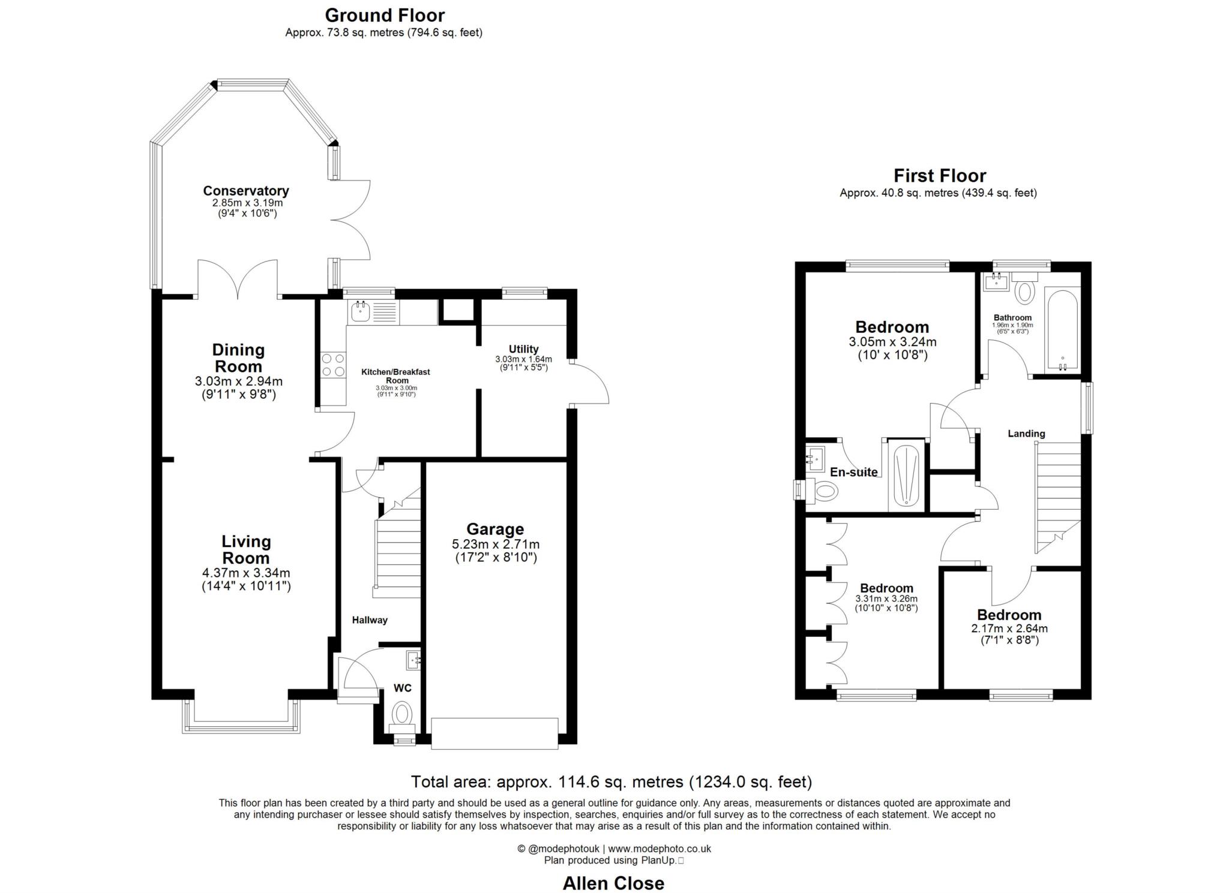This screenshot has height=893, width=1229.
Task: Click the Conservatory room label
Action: pos(245,191)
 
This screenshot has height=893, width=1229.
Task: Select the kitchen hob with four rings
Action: pos(333,365)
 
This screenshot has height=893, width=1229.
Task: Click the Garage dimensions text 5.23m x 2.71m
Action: pos(495,545)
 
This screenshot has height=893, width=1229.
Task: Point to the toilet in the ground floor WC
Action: pos(401,715)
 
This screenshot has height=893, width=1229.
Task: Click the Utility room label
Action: pos(523,349)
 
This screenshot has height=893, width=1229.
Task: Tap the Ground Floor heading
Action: pos(384,15)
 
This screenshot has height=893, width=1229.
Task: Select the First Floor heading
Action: pos(939,176)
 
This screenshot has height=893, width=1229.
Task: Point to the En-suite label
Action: pos(853,472)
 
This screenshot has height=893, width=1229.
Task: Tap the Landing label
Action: pos(1026,434)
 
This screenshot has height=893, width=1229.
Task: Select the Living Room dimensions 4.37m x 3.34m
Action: pos(246,573)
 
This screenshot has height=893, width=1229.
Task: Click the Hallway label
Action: pos(369,620)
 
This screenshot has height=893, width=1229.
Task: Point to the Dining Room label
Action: pos(238,358)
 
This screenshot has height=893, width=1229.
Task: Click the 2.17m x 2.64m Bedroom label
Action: pos(1009,615)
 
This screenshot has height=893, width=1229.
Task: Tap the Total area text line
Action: pos(611,782)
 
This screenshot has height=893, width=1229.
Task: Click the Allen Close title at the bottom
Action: pos(613,883)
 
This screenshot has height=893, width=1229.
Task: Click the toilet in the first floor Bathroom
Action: pos(1025,291)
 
